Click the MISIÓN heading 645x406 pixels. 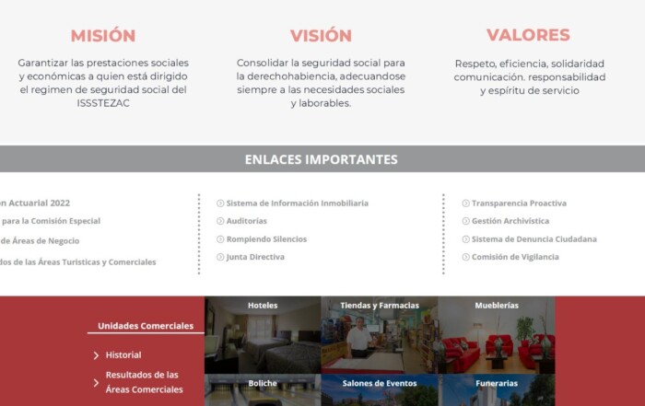coord(103,35)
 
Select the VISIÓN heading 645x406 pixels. coord(321,35)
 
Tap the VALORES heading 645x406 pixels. coord(528,35)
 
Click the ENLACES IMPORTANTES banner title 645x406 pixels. coord(322,159)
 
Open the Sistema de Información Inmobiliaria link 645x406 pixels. coord(297,203)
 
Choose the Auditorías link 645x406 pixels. coord(246,221)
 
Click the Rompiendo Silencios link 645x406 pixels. coord(266,239)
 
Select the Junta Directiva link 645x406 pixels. coord(255,257)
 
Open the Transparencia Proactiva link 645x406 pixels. coord(519,203)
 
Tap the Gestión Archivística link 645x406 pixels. coord(510,221)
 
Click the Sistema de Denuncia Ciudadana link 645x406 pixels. coord(534,239)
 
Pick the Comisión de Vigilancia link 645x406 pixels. coord(515,257)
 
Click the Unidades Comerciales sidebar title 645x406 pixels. coord(146,326)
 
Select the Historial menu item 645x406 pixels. coord(123,355)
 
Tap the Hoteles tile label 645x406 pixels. coord(263,306)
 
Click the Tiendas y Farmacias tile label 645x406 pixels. coord(380,306)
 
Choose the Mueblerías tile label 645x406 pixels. coord(497,306)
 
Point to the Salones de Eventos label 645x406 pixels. coord(380,383)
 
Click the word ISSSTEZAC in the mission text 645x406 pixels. coord(103,103)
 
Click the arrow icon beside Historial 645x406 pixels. coord(96,355)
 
